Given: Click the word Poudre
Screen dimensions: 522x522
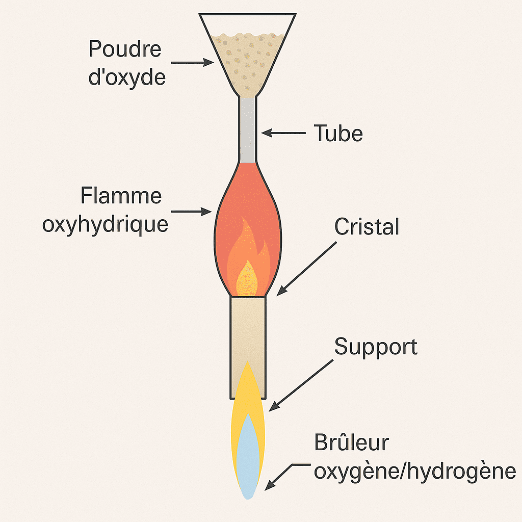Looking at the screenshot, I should (125, 50).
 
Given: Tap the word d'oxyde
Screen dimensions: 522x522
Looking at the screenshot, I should (127, 78).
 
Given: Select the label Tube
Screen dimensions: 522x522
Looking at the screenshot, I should (338, 134).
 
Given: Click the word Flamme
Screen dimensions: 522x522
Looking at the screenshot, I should (121, 196).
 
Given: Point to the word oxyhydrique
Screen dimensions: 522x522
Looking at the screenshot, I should (106, 224).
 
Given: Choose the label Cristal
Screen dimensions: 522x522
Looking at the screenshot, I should (367, 227).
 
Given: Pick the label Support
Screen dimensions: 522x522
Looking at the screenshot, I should (376, 347).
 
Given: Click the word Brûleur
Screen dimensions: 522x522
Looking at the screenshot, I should (351, 442).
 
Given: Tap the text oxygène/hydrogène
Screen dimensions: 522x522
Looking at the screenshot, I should (414, 471).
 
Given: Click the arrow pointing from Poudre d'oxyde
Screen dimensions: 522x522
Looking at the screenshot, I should (192, 63).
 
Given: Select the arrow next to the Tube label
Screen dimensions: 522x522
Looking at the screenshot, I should (283, 134).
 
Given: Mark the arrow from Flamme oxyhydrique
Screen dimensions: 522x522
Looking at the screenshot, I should (192, 211).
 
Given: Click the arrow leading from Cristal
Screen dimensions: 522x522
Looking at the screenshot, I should (306, 268).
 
